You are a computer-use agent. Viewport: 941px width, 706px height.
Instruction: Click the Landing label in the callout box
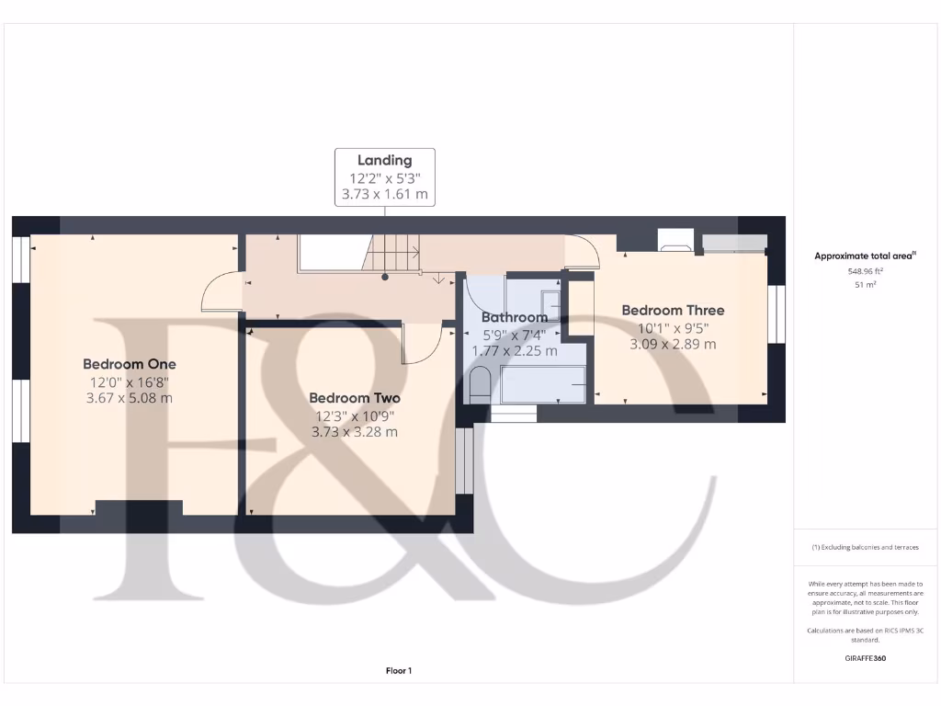point(384,160)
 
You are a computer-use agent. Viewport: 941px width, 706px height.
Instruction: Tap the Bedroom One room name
point(129,364)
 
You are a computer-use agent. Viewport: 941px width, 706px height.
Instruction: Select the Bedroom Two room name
point(354,398)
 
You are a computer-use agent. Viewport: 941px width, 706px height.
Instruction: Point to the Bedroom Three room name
point(673,311)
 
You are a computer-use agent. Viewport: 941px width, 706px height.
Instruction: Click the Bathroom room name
point(515,318)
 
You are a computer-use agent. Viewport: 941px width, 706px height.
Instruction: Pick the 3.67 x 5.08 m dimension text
point(129,398)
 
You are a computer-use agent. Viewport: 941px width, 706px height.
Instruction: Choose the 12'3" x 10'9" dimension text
point(354,415)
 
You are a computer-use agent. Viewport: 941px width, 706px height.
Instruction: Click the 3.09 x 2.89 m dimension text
point(673,345)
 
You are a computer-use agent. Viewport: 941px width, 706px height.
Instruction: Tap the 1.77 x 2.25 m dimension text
point(515,351)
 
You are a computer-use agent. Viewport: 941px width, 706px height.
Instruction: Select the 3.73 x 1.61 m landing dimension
point(384,194)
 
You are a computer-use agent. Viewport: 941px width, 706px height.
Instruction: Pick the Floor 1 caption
point(399,671)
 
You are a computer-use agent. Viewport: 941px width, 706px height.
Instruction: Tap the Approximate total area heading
point(863,256)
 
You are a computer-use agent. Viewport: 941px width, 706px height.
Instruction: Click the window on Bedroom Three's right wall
point(777,313)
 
